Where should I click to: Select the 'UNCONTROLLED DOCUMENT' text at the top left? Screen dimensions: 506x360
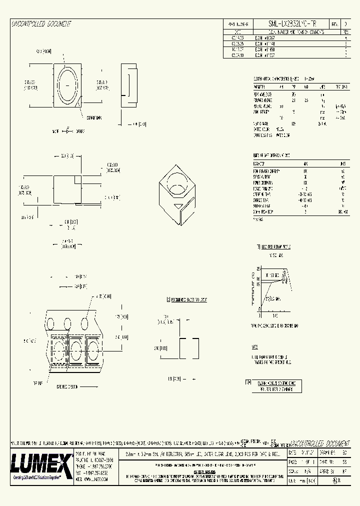(x=41, y=24)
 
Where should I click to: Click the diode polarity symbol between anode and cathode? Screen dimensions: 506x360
(x=67, y=131)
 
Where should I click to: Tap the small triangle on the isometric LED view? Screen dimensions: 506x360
(x=177, y=205)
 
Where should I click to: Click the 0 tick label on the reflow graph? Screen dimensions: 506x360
(x=259, y=315)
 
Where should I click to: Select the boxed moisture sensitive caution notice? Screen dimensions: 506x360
(x=276, y=385)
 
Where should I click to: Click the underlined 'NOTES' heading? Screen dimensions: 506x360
(x=255, y=346)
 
